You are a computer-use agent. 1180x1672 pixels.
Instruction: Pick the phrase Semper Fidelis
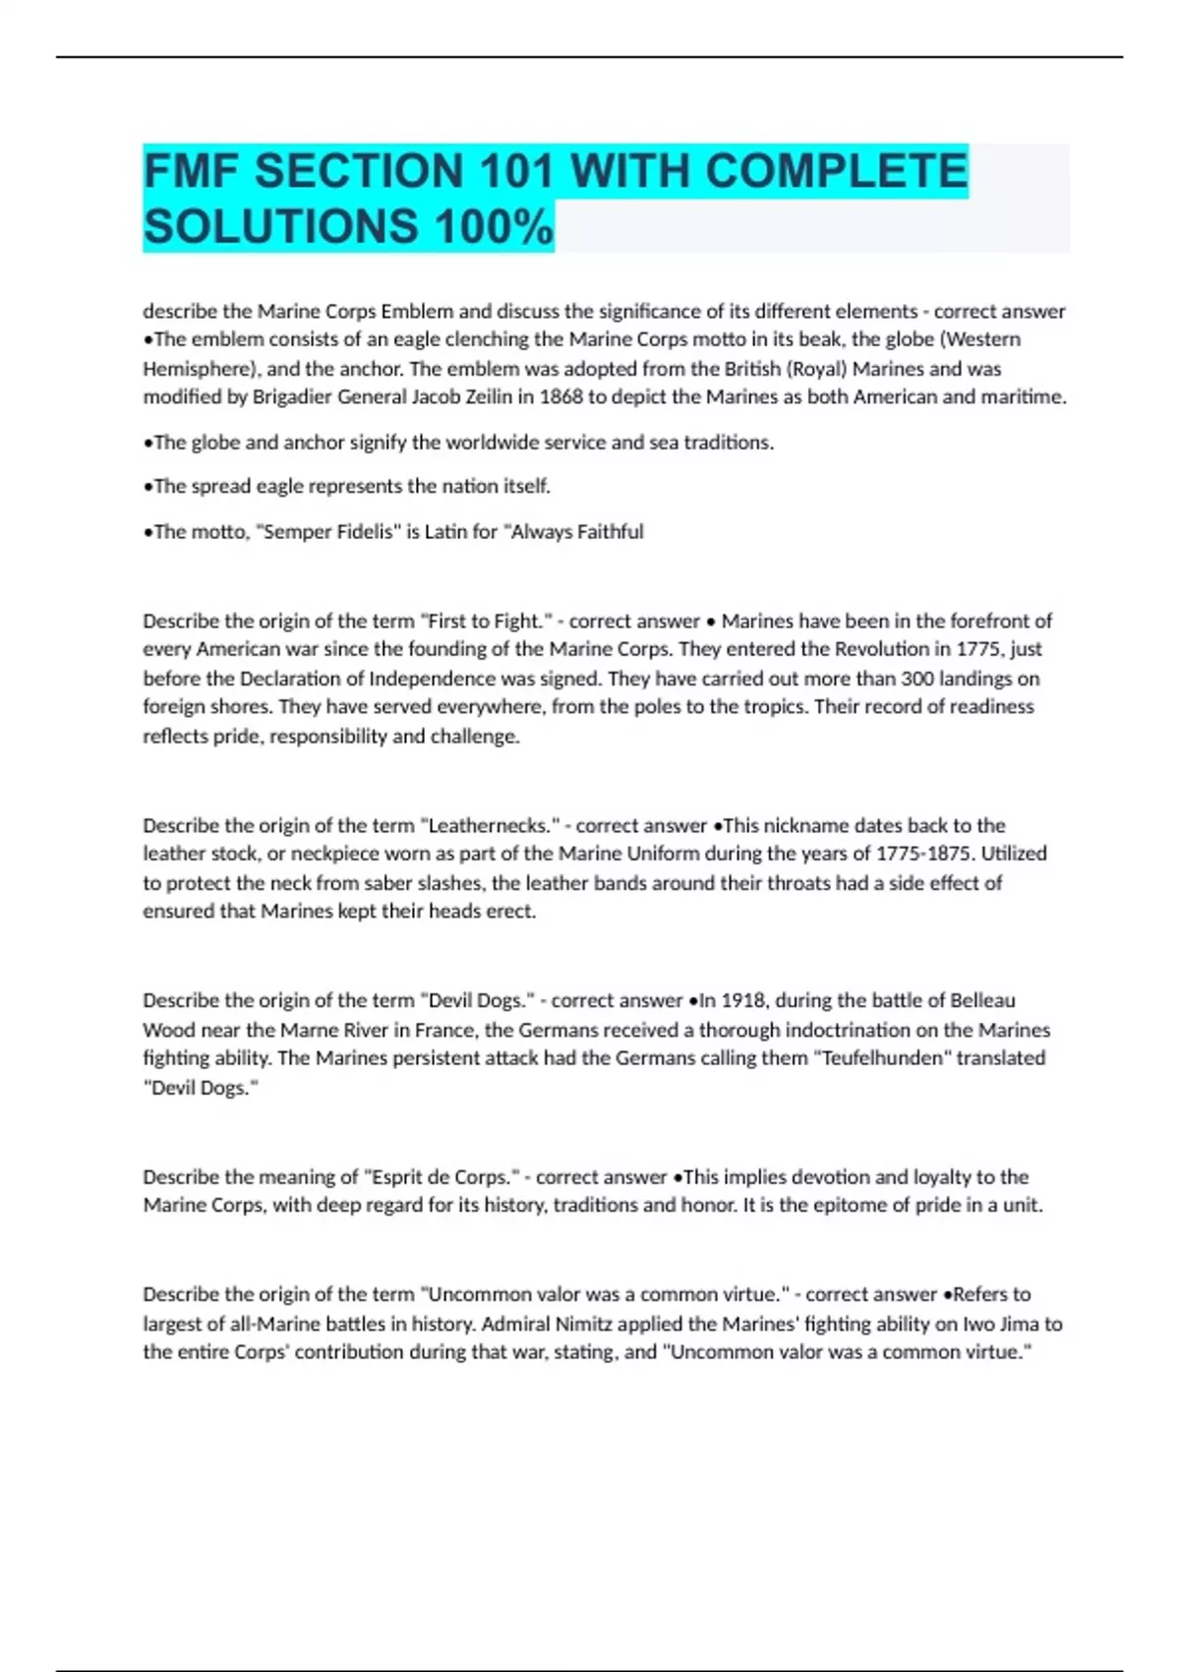coord(328,532)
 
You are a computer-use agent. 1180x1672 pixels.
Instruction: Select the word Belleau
coord(982,1000)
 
